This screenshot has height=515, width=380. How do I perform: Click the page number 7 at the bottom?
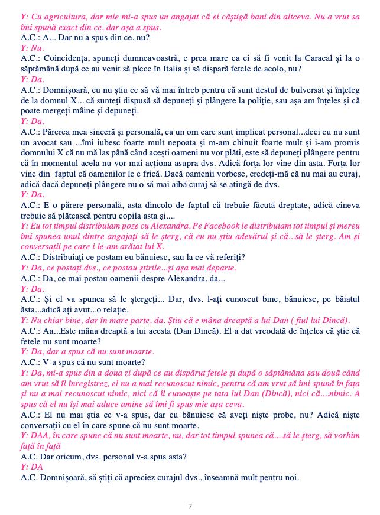pos(190,506)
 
